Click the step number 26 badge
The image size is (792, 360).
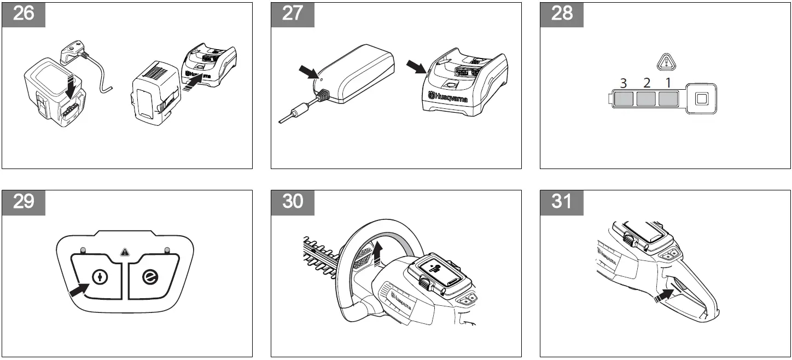point(24,14)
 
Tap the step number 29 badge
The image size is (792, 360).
point(24,202)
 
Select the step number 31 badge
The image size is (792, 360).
point(561,202)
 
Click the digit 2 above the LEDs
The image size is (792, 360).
point(647,83)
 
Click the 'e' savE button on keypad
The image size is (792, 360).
point(149,278)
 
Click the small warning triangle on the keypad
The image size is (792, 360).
point(125,253)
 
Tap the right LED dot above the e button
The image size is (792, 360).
point(166,251)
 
